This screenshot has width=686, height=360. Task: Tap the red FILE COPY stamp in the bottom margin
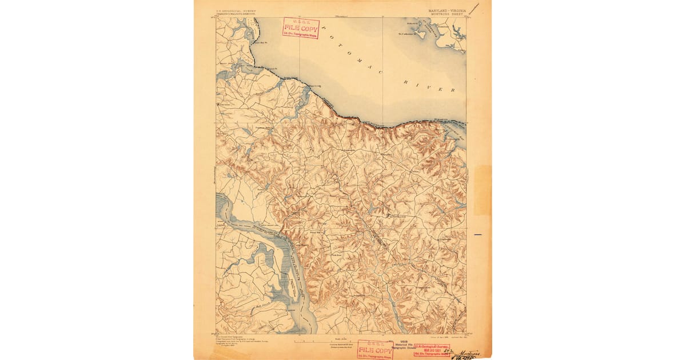375,349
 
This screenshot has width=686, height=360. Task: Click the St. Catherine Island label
410,33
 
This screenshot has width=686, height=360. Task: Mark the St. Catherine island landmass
422,35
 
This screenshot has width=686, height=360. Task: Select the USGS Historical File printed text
405,345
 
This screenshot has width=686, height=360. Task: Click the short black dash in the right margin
479,234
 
